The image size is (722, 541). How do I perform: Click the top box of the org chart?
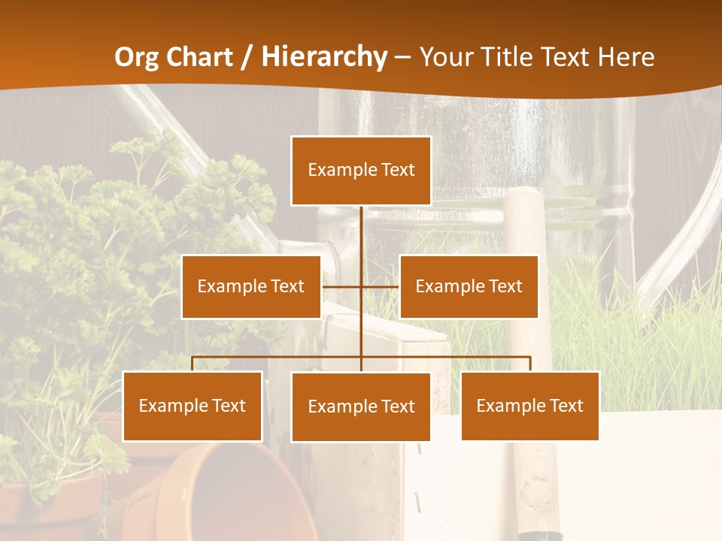point(361,171)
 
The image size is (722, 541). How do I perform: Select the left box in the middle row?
point(251,286)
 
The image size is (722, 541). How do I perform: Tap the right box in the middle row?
point(469,286)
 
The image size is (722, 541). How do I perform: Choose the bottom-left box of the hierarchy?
point(193,406)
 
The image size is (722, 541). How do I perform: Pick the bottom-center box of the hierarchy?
point(361,407)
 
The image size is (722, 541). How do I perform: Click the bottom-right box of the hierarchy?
point(530,406)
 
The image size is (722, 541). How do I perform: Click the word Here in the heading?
point(626,57)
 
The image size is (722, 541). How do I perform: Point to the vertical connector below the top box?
point(361,240)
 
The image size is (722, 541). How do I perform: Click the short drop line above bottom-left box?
point(193,364)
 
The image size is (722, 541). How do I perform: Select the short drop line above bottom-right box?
point(530,364)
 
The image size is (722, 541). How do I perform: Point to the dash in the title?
point(402,58)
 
